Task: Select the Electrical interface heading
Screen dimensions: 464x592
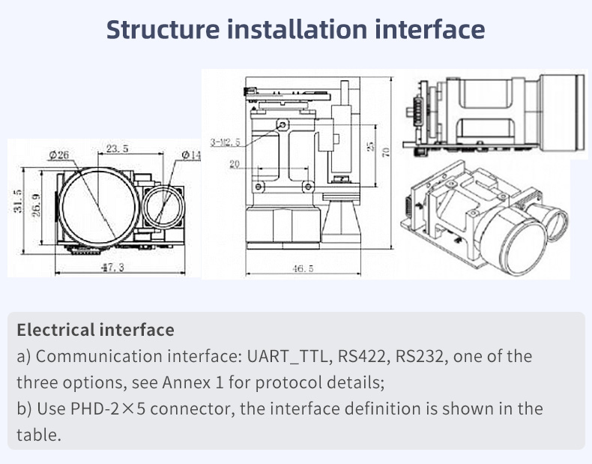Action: point(95,330)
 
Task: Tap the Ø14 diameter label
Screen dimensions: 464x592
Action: point(191,154)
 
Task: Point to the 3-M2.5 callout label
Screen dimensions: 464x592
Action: point(225,141)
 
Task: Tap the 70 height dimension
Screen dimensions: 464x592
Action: point(386,152)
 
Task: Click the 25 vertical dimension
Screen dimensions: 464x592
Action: point(369,146)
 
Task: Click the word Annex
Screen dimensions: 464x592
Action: point(183,382)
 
